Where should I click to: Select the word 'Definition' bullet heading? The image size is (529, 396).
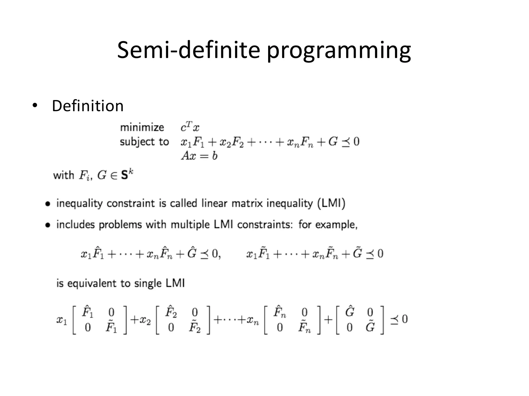88,106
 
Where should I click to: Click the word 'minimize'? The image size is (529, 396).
142,127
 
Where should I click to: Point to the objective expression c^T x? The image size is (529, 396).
190,127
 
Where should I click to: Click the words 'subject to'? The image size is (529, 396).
144,142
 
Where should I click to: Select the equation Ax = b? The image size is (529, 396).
199,156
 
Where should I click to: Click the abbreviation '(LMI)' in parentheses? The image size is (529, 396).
331,203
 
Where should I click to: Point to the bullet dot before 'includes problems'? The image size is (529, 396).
48,225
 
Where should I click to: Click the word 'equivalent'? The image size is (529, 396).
92,284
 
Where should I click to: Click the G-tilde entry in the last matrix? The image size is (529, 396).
370,327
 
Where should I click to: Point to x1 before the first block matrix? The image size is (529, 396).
61,320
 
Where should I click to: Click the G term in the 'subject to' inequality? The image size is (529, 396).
333,142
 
